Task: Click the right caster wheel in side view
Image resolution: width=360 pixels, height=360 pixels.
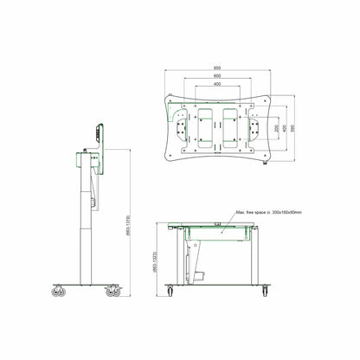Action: pos(113,292)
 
